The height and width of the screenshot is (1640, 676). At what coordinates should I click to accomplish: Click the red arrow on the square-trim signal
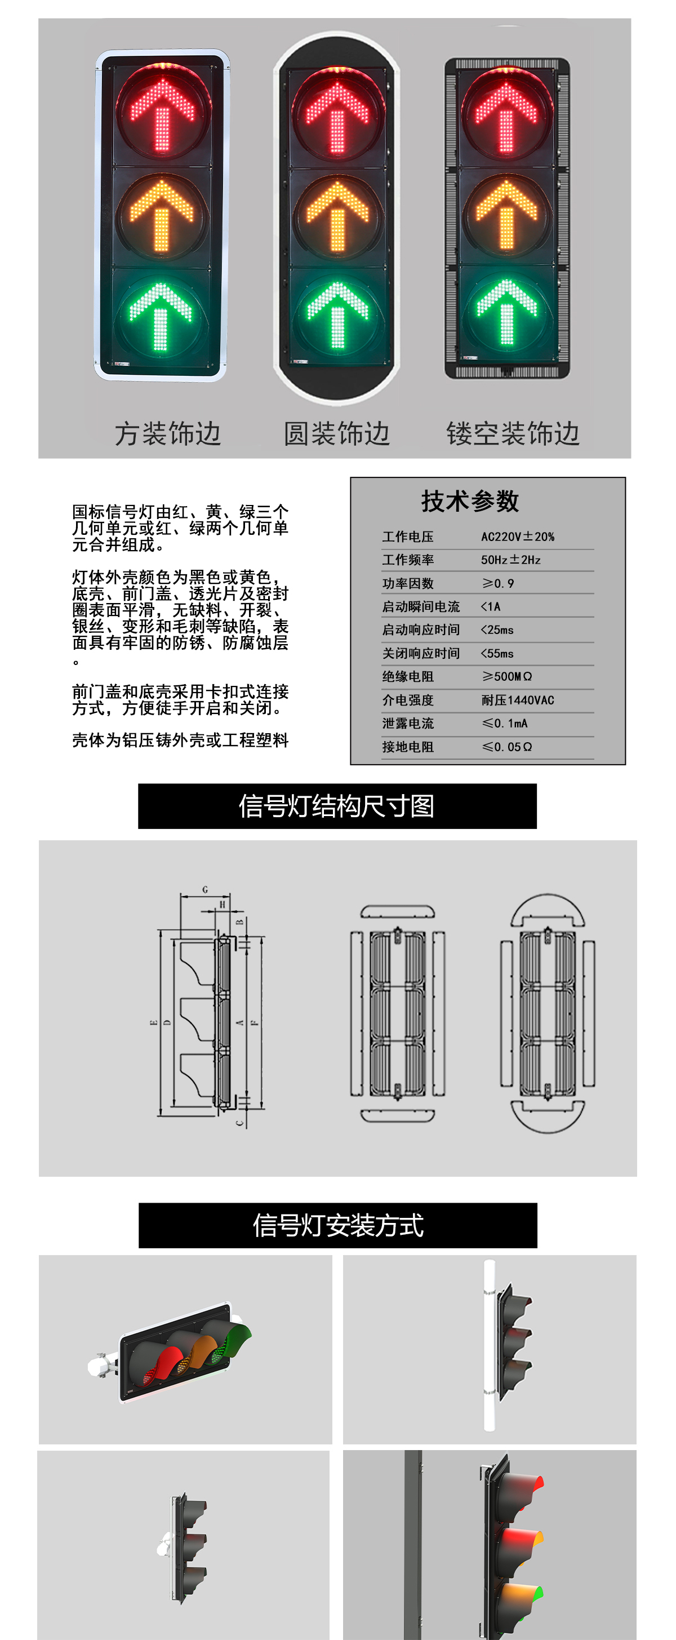tap(162, 113)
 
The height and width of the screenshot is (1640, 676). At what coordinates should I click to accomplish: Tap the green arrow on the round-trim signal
tap(337, 314)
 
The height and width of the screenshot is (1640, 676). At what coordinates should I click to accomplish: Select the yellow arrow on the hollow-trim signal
tap(506, 215)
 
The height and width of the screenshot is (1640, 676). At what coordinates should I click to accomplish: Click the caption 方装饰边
tap(167, 433)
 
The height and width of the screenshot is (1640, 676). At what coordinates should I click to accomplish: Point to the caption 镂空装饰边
tap(513, 433)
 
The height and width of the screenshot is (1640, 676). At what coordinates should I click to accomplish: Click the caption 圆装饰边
tap(336, 433)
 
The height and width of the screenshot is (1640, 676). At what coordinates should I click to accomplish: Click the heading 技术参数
tap(470, 501)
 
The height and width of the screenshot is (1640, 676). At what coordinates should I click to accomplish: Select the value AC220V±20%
tap(518, 537)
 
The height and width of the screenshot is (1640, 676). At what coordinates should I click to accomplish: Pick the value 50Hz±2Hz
tap(510, 560)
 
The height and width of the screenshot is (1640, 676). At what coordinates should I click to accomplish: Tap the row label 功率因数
tap(407, 583)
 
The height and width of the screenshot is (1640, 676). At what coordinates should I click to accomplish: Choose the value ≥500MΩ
tap(506, 676)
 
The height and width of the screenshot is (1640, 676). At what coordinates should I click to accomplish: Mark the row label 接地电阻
tap(407, 747)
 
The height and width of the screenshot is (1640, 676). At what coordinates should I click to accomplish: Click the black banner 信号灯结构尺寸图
tap(337, 806)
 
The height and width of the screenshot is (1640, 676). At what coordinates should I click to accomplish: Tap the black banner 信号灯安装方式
tap(337, 1225)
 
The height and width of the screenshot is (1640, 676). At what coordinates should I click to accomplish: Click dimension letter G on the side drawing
tap(205, 889)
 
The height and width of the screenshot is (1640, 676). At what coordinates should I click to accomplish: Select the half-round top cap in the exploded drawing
tap(548, 909)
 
